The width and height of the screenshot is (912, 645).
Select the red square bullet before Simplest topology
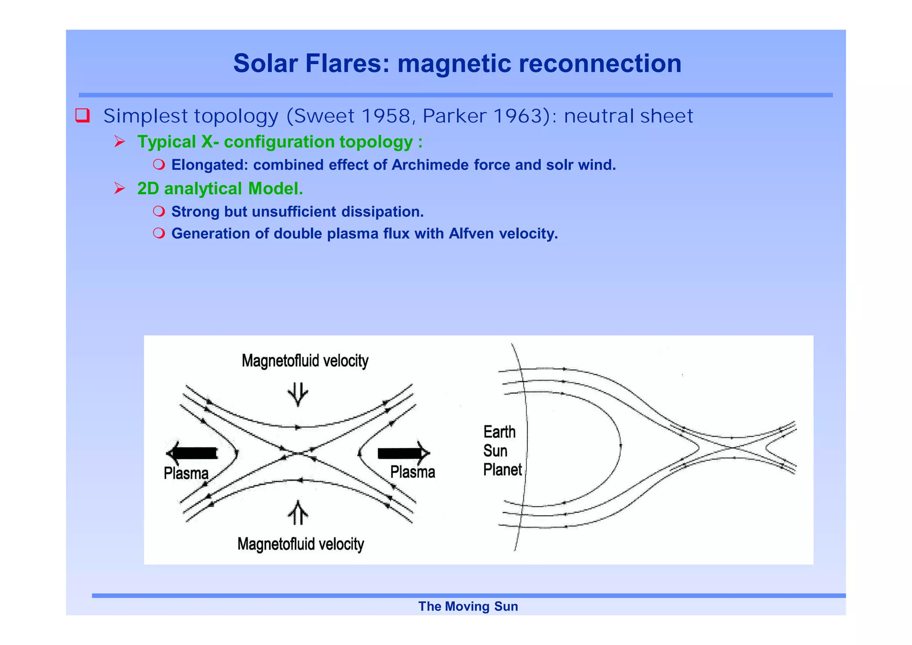(x=83, y=115)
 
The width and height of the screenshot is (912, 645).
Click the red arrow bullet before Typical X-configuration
(x=119, y=142)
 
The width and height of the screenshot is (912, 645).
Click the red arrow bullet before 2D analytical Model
(x=119, y=189)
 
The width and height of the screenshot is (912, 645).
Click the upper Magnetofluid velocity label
(x=305, y=361)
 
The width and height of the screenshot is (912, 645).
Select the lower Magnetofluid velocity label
(x=301, y=544)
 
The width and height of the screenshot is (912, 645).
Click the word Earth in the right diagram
(x=499, y=432)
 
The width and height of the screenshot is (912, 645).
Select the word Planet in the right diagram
(x=502, y=470)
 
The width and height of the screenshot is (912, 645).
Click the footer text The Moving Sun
(x=468, y=606)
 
